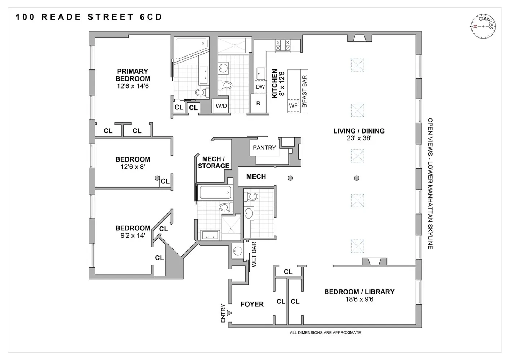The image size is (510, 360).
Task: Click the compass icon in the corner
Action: pos(483,26)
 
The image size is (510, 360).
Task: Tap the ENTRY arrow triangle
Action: pos(229,313)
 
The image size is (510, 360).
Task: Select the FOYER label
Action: pos(252,304)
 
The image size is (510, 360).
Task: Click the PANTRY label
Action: pos(264,148)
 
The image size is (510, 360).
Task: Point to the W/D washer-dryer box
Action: pos(221,106)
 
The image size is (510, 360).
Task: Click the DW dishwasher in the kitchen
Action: pos(260,87)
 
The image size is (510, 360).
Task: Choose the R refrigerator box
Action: pos(258,104)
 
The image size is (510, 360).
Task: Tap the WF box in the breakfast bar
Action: pos(293,105)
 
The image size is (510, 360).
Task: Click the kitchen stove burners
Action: pos(283,45)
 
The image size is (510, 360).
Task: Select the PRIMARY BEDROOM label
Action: pos(133,75)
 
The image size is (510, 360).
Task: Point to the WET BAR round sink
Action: pos(238,251)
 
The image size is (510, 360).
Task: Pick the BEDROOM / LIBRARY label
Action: pos(359,292)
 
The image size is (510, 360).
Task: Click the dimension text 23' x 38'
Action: pos(359,138)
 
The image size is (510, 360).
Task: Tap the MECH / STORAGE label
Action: pos(214,162)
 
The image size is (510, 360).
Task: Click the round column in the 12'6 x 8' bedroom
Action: pos(157,178)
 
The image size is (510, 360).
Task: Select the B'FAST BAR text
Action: pos(304,91)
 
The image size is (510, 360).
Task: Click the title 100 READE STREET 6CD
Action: pos(89,17)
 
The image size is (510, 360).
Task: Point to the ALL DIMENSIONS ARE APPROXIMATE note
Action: pos(325,333)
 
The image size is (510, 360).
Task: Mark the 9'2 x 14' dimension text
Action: pos(133,235)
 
